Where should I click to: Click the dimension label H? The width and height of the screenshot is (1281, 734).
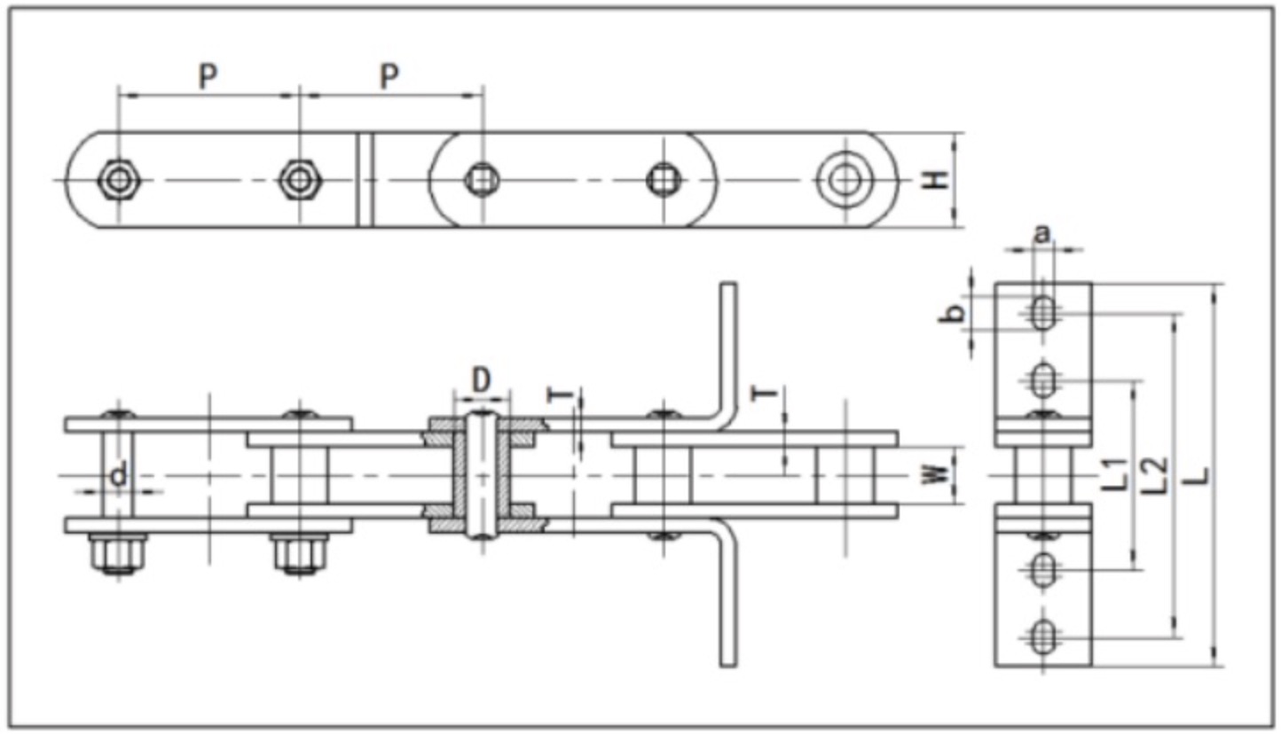tap(933, 180)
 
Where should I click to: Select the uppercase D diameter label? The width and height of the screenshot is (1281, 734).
tap(481, 380)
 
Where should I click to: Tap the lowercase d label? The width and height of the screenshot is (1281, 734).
tap(118, 475)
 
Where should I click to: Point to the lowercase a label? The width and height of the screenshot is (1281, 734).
tap(1043, 234)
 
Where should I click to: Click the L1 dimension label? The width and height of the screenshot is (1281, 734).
tap(1120, 474)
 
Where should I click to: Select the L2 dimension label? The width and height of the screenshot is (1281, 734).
tap(1157, 474)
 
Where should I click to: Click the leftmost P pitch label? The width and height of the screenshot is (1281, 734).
tap(207, 77)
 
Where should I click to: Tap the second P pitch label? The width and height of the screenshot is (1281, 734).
tap(389, 77)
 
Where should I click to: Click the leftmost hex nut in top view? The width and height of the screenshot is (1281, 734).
tap(117, 180)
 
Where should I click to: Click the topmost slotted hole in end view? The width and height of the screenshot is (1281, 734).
tap(1043, 312)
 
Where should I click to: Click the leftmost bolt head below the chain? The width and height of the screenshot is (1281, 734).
tap(117, 554)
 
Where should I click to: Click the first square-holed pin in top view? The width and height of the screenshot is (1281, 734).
tap(482, 180)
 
